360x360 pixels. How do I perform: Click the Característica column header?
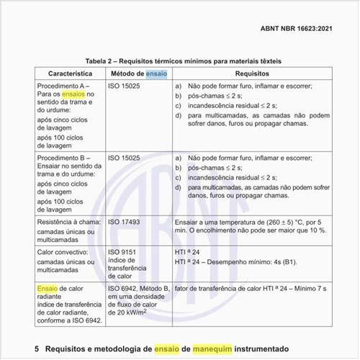(x=70, y=73)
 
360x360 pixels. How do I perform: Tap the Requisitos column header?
(x=252, y=73)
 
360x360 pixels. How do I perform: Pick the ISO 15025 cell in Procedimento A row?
(x=125, y=86)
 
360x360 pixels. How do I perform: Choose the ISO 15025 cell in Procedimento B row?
(x=125, y=157)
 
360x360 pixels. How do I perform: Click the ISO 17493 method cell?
(x=125, y=222)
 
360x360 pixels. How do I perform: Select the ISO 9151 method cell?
(x=123, y=252)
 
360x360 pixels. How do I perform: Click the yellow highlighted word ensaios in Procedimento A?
(x=73, y=95)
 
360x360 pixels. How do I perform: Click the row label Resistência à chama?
(x=68, y=222)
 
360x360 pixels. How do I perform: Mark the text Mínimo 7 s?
(x=308, y=288)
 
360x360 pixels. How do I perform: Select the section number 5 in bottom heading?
(x=37, y=348)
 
